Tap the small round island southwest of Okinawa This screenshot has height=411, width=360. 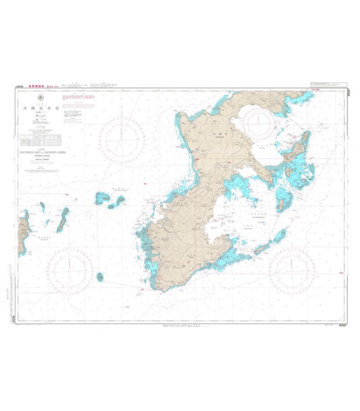pyautogui.click(x=100, y=277)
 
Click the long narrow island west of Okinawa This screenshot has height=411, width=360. pyautogui.click(x=63, y=218)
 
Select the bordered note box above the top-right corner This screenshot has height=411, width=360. pyautogui.click(x=328, y=84)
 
